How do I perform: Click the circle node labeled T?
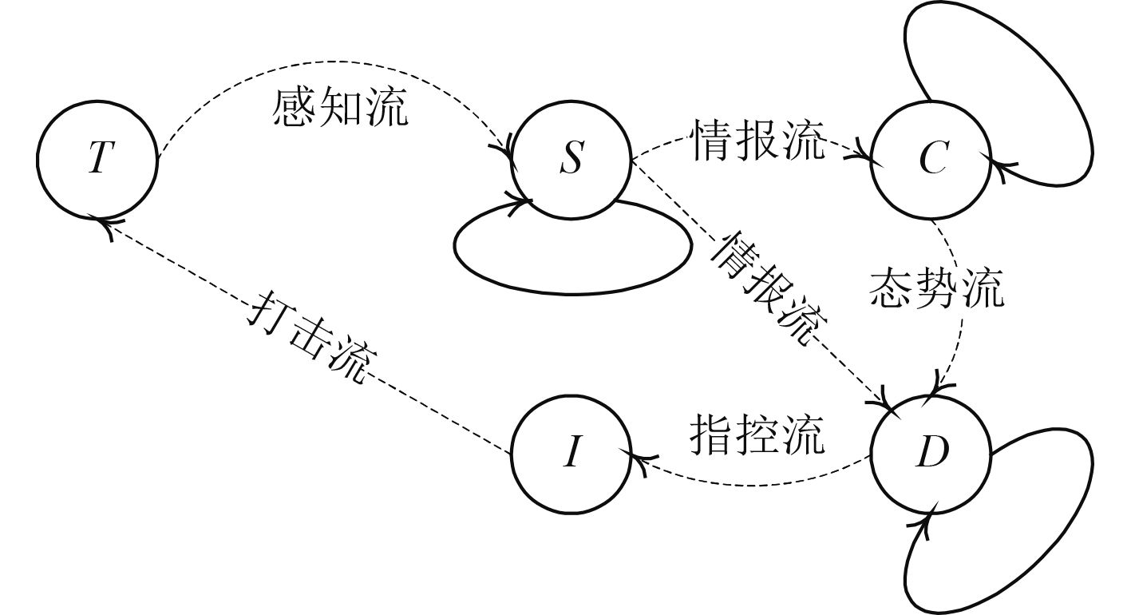[97, 158]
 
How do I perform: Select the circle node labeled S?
[571, 158]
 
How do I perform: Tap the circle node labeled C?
[931, 158]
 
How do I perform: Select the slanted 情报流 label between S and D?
[768, 289]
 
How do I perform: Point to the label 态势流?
[935, 289]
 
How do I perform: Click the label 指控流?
[756, 434]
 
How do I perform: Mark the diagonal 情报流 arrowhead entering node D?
[889, 397]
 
